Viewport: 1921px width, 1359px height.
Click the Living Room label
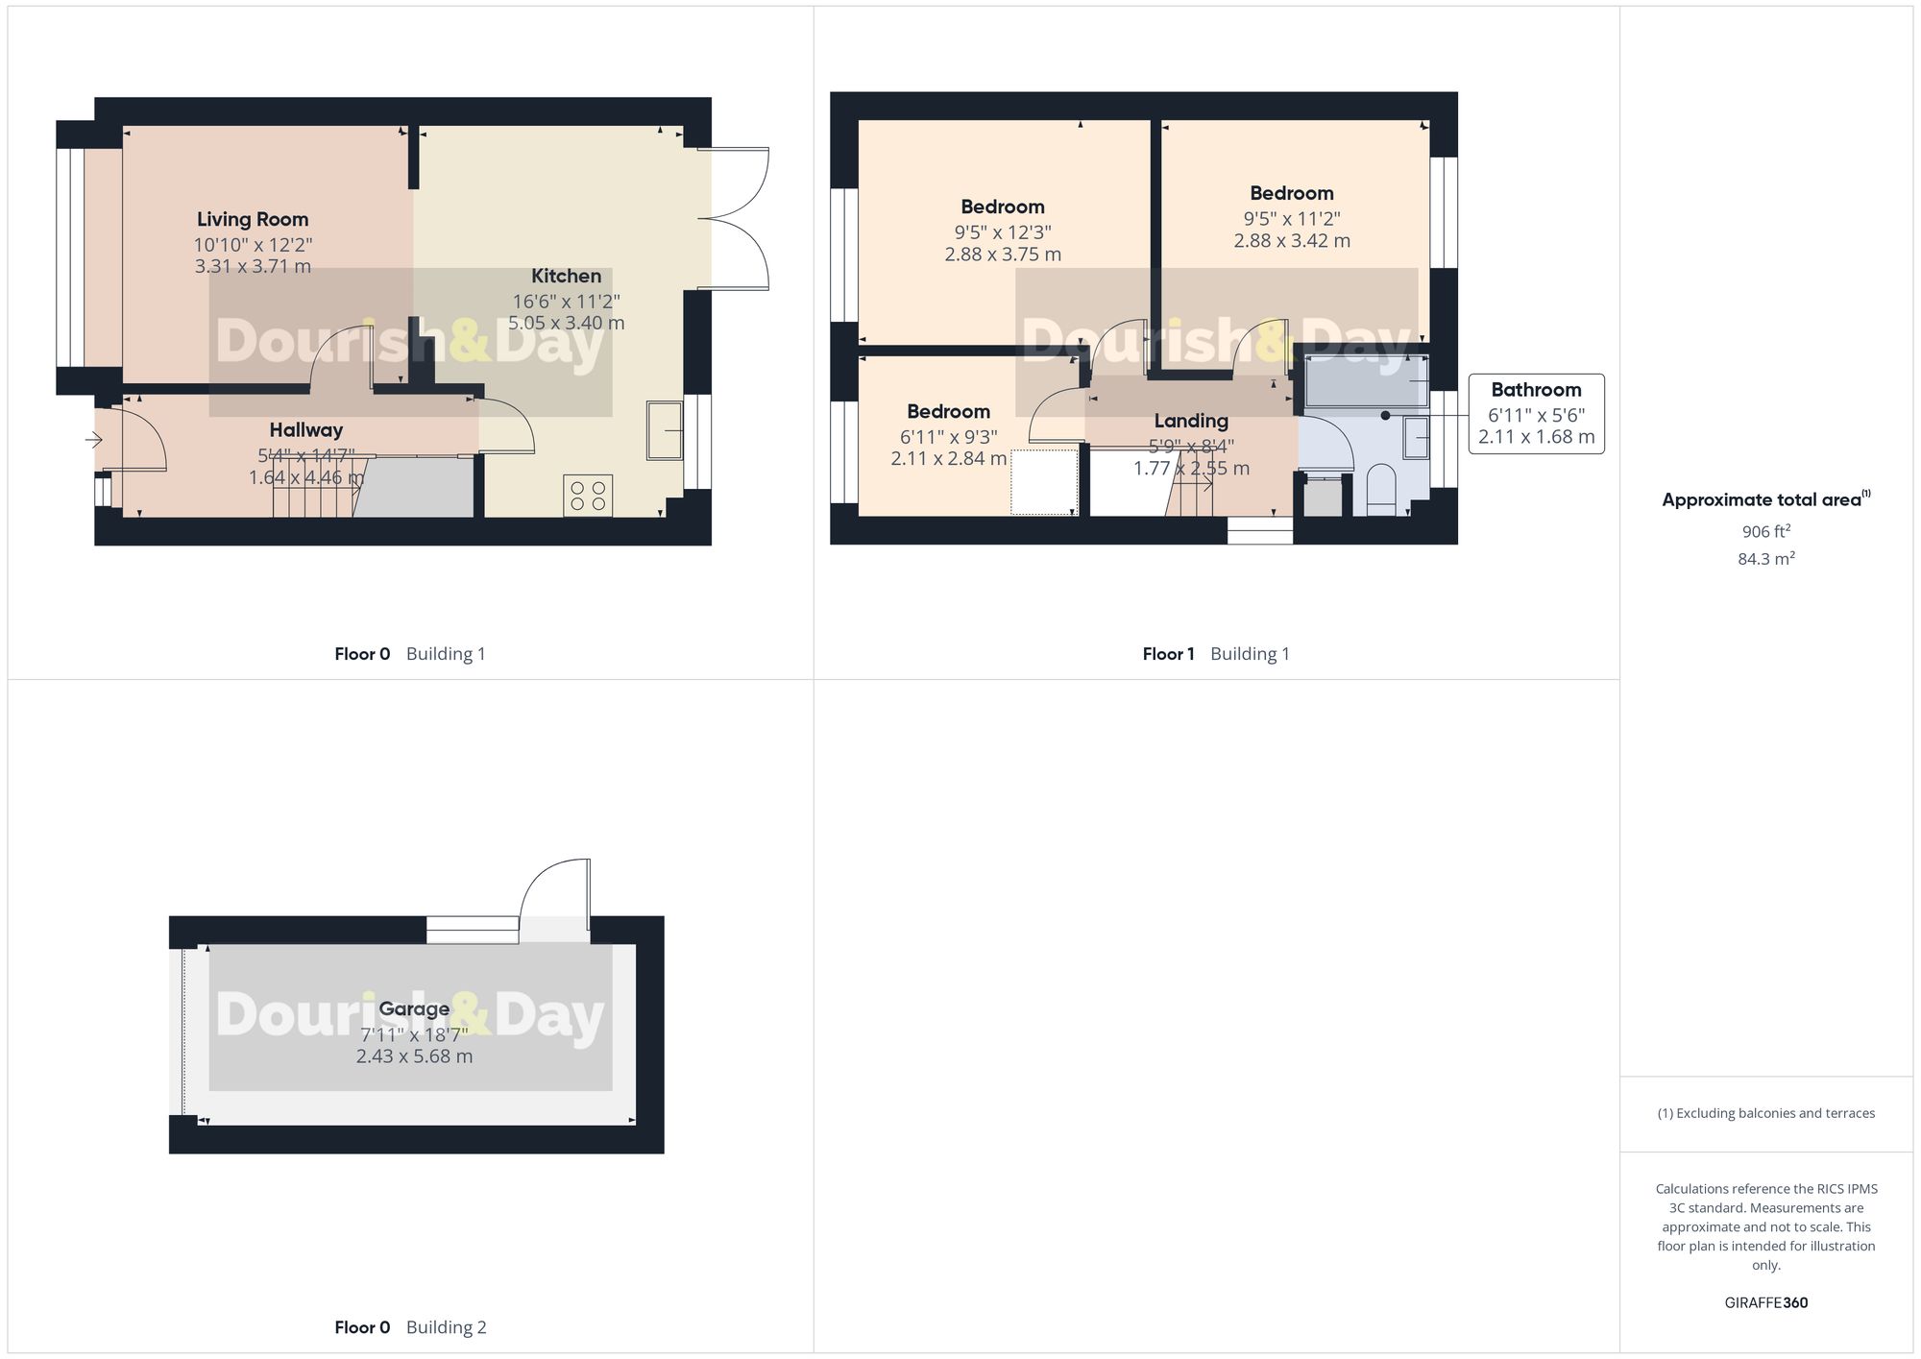[x=253, y=220]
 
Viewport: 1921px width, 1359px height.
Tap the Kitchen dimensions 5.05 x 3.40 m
[x=566, y=324]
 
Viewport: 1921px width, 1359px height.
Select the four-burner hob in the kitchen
[x=588, y=496]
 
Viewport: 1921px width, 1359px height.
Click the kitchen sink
[x=665, y=430]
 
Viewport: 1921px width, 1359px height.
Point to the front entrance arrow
[x=94, y=440]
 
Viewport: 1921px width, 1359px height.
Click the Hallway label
[x=305, y=430]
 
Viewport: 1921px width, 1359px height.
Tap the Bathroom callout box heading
[x=1535, y=390]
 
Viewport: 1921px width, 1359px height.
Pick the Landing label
[x=1190, y=421]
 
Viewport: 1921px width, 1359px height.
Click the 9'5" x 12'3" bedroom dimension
[x=1002, y=232]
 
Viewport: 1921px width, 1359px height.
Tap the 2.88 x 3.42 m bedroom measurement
[x=1291, y=241]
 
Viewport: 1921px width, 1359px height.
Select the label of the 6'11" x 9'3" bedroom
[x=948, y=412]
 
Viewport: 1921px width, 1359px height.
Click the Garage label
[x=414, y=1008]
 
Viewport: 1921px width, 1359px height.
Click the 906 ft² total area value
[x=1765, y=531]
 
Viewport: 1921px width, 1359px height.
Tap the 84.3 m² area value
[x=1765, y=558]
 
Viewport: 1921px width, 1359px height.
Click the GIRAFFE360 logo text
[x=1765, y=1302]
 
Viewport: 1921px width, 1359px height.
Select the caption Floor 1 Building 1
[x=1215, y=654]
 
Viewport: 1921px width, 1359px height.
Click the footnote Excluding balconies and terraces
[x=1765, y=1113]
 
